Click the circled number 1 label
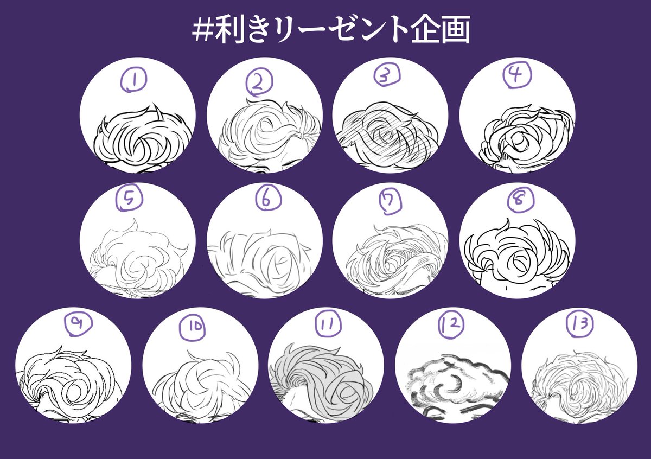[133, 80]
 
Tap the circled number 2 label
[259, 82]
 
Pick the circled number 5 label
[129, 198]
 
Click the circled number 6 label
[268, 199]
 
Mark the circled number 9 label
[78, 323]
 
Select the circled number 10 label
[192, 328]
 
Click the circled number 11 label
[328, 323]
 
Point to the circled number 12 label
[451, 324]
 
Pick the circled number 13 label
[580, 323]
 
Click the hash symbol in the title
[203, 30]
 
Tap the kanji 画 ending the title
[455, 29]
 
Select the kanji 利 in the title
[231, 29]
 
